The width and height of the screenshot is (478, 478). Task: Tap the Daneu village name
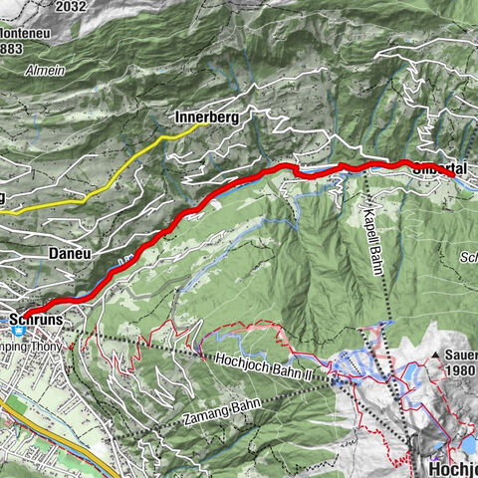tap(70, 254)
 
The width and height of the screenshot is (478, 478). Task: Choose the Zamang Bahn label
tap(215, 413)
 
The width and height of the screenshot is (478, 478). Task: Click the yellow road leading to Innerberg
tap(139, 159)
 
